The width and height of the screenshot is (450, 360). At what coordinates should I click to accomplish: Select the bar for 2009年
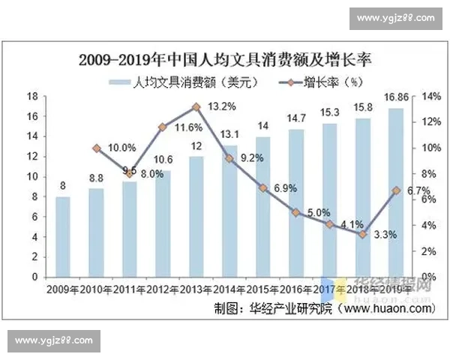(63, 237)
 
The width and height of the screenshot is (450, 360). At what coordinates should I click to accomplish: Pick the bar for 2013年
(196, 217)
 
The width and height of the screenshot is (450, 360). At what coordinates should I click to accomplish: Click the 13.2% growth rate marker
(196, 107)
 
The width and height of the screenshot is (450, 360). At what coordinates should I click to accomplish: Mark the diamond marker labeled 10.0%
(97, 148)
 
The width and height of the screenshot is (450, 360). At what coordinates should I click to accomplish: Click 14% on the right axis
(431, 97)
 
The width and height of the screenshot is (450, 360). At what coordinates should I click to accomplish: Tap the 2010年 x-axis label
(97, 289)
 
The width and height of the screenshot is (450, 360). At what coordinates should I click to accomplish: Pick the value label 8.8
(97, 178)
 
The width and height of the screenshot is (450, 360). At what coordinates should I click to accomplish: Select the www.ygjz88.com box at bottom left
(54, 340)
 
